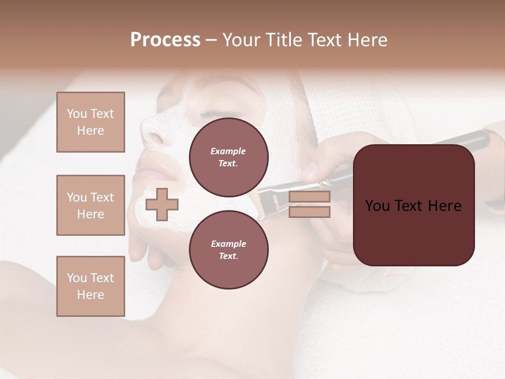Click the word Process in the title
tap(165, 40)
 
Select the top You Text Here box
tap(90, 122)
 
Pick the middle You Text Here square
tap(90, 205)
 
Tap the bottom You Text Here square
tap(90, 286)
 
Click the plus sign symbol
tap(161, 204)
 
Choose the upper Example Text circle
tap(229, 157)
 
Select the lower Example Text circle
tap(229, 250)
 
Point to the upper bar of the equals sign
tap(309, 197)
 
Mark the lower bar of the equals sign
tap(309, 212)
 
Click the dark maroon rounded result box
tap(414, 205)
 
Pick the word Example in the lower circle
tap(228, 244)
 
